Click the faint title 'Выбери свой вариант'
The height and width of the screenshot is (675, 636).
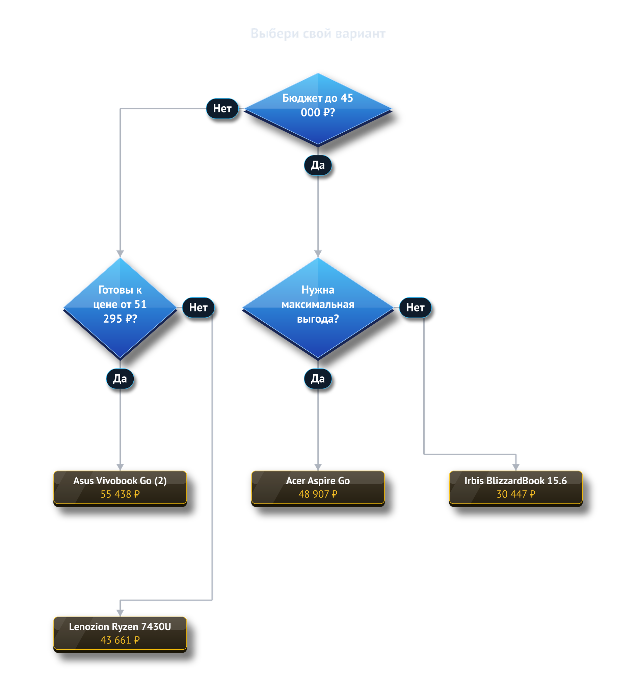click(318, 34)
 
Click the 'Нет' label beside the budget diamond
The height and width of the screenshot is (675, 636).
click(222, 108)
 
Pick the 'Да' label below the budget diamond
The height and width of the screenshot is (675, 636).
click(318, 165)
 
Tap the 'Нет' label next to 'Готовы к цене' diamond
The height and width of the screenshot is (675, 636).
click(198, 307)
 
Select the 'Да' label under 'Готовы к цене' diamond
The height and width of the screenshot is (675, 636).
click(120, 378)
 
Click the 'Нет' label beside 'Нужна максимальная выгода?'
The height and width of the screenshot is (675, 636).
click(415, 307)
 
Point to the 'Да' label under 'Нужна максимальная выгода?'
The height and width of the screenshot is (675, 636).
click(318, 378)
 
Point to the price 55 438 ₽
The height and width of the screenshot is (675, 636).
click(120, 494)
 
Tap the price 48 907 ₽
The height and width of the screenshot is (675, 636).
click(318, 494)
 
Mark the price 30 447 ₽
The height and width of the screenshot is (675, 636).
click(516, 494)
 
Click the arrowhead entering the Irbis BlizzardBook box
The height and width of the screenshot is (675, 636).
click(516, 467)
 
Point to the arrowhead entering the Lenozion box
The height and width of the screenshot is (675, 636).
click(120, 613)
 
